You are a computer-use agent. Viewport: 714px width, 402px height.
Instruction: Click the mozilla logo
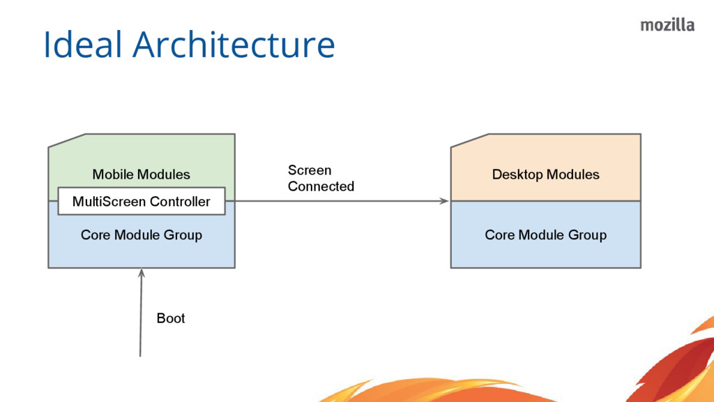667,26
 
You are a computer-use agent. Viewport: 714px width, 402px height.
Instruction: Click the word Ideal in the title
82,44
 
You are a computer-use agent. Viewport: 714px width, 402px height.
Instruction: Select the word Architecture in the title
234,44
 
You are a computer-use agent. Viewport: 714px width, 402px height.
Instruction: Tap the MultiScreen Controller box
142,201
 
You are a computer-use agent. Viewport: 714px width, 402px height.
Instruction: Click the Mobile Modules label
141,174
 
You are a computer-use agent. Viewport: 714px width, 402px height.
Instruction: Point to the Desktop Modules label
545,174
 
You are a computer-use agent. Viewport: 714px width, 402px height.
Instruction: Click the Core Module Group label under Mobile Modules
141,234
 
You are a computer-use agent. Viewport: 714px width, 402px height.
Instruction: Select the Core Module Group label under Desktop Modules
545,234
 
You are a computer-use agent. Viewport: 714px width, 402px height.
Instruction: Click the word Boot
171,318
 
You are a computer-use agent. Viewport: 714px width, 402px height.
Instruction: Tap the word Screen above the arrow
310,170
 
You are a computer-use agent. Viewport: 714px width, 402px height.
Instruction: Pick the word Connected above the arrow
321,186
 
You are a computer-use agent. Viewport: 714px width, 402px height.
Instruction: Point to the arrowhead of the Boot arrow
142,272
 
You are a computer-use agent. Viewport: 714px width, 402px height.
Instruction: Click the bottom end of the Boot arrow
139,357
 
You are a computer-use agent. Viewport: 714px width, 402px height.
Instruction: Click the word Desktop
517,174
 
